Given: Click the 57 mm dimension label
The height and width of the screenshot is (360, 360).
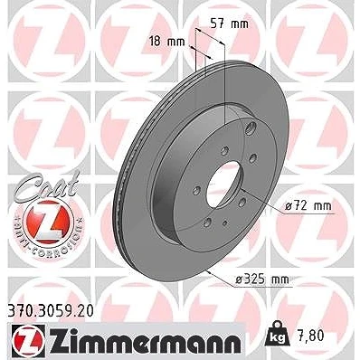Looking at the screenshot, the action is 229,24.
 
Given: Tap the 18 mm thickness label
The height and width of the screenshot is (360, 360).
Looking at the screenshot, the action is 167,41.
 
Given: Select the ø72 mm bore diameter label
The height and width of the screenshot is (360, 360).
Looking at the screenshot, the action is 308,206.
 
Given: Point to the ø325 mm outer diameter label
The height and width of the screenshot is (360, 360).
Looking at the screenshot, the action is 262,279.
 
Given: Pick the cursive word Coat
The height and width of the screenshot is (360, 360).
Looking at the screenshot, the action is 48,185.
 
